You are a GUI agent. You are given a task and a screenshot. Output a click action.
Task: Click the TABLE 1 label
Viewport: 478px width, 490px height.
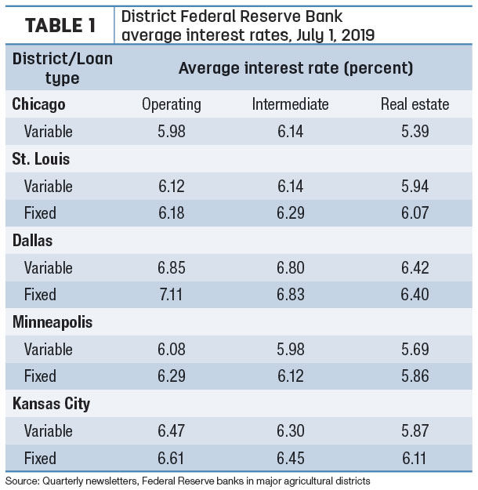click(60, 25)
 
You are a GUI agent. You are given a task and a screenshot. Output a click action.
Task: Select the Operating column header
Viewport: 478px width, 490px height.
click(172, 105)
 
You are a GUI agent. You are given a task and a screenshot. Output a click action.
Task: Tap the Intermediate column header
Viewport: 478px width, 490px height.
click(290, 104)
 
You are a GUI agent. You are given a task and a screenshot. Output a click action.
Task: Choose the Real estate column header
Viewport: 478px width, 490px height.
click(415, 104)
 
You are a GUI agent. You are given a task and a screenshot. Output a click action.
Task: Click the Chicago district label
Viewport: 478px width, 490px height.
click(38, 104)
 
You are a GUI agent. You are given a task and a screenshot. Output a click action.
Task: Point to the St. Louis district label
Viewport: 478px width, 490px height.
click(41, 158)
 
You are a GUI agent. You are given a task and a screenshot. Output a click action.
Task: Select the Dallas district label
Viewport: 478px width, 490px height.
click(32, 241)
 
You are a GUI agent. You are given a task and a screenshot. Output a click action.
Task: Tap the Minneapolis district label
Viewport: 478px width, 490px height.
click(53, 322)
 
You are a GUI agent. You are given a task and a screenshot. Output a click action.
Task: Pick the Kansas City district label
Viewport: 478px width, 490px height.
click(51, 404)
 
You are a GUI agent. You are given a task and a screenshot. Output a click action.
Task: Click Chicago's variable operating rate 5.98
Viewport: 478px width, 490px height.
click(172, 131)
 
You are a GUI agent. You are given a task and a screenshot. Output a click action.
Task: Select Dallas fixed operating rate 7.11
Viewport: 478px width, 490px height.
click(171, 294)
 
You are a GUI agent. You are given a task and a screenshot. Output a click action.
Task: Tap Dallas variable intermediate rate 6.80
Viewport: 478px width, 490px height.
click(291, 268)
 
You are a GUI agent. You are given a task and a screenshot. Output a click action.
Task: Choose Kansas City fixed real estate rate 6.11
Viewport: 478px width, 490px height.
click(415, 459)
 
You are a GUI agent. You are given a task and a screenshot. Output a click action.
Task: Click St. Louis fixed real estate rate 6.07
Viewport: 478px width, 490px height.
click(415, 212)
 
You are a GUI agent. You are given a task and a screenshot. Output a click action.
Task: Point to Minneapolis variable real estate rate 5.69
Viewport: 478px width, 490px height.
click(415, 349)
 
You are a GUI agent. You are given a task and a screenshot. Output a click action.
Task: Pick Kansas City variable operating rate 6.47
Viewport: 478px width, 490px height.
click(171, 430)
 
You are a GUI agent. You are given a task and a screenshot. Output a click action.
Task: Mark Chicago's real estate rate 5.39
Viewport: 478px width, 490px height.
click(415, 131)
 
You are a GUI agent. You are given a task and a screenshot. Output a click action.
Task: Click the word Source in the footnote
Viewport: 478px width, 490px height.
click(21, 481)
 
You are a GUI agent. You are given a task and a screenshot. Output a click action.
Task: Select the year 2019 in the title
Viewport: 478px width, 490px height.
click(358, 35)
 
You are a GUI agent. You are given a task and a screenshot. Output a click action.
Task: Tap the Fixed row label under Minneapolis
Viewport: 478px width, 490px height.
click(40, 376)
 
